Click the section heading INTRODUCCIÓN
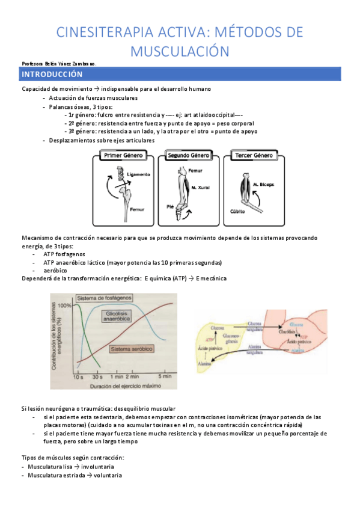(47, 75)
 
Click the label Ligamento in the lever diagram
(138, 174)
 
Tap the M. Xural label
(200, 189)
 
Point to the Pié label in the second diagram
(170, 206)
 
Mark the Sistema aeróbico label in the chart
(132, 349)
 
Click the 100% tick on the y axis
(64, 306)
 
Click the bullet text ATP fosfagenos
(65, 254)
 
